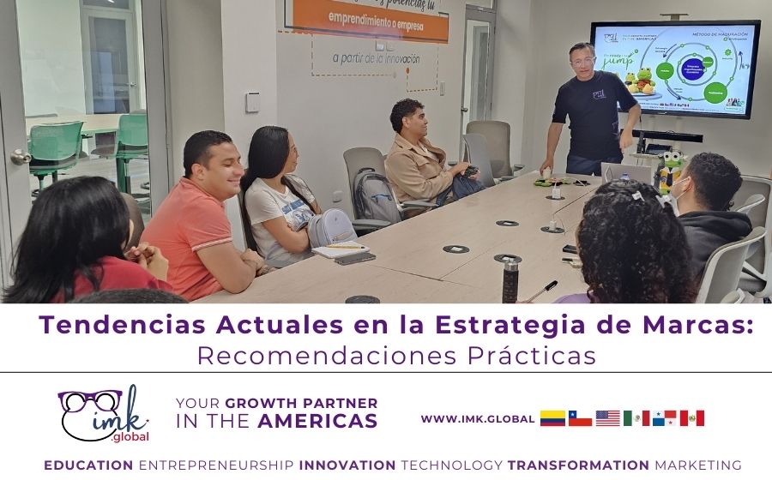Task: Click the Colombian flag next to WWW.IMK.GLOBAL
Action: (552, 418)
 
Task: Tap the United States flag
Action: (607, 418)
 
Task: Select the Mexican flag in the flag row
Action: (636, 418)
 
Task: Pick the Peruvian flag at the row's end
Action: (691, 418)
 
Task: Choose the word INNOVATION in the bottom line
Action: (347, 465)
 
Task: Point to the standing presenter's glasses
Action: (582, 61)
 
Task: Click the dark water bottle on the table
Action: (510, 279)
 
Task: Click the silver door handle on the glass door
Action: (20, 158)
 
